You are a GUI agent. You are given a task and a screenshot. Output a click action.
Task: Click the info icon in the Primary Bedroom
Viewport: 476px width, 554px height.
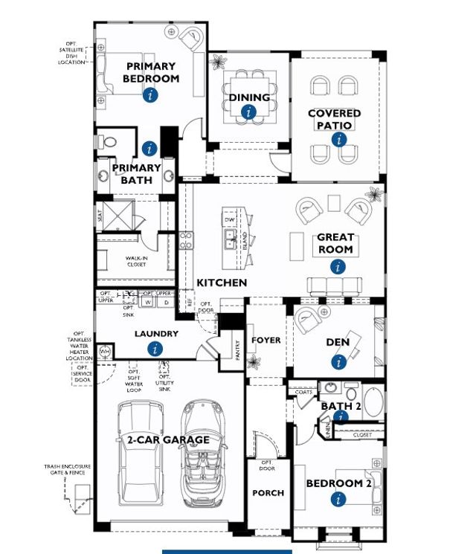[151, 94]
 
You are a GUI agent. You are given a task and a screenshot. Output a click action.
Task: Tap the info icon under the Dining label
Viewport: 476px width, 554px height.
[248, 112]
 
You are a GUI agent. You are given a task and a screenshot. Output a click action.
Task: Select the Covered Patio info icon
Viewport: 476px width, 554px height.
[340, 139]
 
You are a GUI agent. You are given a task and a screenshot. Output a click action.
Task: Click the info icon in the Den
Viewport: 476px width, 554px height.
[339, 361]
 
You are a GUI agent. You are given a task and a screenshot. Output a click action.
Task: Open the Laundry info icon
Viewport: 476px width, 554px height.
[155, 349]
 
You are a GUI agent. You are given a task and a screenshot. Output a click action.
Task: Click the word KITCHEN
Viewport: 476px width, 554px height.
[222, 283]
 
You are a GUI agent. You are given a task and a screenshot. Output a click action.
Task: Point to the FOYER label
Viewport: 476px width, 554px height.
[266, 340]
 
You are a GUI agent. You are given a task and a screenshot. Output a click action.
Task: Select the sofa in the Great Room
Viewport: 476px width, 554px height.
[335, 286]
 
